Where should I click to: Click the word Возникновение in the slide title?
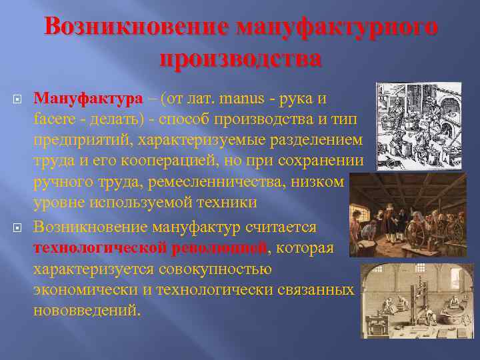133,28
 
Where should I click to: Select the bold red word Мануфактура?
89,99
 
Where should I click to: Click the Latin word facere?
54,120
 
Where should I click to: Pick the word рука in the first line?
303,99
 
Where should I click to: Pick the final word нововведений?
87,310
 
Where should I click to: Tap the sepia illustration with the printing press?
417,301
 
